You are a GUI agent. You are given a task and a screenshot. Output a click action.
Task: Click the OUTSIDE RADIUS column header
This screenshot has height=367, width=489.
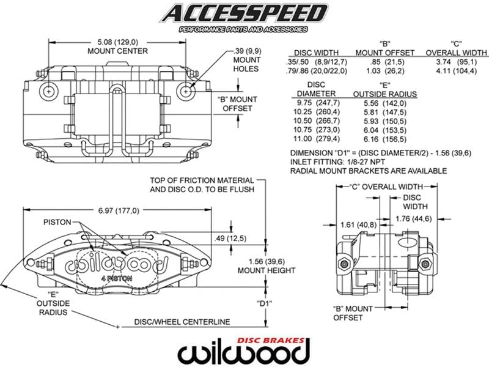click(x=385, y=94)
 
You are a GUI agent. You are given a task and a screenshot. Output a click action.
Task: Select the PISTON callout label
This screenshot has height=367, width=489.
click(x=57, y=221)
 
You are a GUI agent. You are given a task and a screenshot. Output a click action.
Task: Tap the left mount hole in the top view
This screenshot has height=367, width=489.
click(x=48, y=91)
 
